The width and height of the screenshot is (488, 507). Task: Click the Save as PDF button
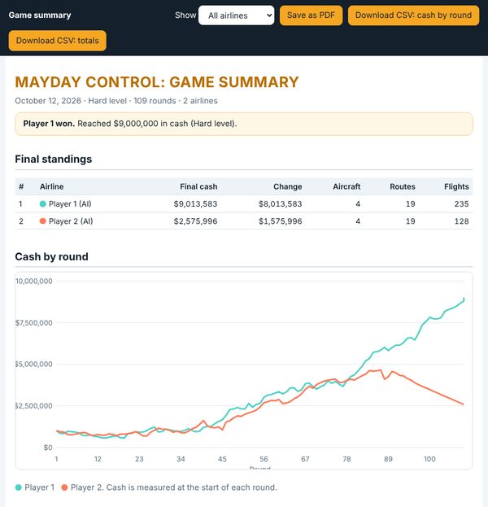tap(311, 15)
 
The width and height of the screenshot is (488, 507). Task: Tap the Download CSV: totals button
tap(58, 41)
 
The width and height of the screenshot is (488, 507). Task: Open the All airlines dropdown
tap(236, 15)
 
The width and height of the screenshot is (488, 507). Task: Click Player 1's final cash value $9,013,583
tap(195, 204)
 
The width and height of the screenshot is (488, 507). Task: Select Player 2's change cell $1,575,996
tap(281, 221)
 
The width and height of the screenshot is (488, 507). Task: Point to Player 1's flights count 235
tap(461, 204)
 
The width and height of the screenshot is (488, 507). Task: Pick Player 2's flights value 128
tap(461, 221)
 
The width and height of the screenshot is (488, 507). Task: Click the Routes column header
tap(403, 186)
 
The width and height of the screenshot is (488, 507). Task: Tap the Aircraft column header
tap(346, 186)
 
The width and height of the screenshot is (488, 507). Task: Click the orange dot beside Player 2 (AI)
tap(42, 221)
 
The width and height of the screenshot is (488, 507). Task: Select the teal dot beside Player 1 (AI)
tap(42, 204)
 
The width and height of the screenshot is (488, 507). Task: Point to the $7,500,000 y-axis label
tap(33, 323)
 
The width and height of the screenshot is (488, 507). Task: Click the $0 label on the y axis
tap(48, 448)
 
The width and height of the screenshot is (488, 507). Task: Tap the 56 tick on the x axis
tap(264, 459)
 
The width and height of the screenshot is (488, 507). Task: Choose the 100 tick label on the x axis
tap(429, 459)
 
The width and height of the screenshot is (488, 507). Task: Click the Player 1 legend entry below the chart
tap(35, 487)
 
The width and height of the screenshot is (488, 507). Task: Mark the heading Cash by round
tap(51, 256)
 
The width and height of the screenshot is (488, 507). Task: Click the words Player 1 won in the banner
tap(49, 124)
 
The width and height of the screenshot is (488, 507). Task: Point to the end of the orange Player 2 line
tap(464, 404)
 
